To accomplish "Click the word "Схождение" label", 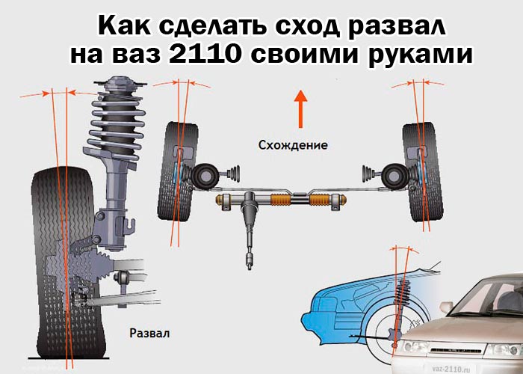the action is coord(293,145).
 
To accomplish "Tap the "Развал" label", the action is coord(149,333).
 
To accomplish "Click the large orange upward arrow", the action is coord(301,109).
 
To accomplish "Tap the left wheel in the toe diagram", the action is coord(178,171).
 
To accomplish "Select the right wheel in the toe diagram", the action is coord(423,172).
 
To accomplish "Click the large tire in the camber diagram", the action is coord(66,263).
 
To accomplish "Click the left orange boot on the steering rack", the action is coord(281,200).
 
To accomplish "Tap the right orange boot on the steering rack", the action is coord(321,200).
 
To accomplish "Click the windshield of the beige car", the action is coord(488,296).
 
